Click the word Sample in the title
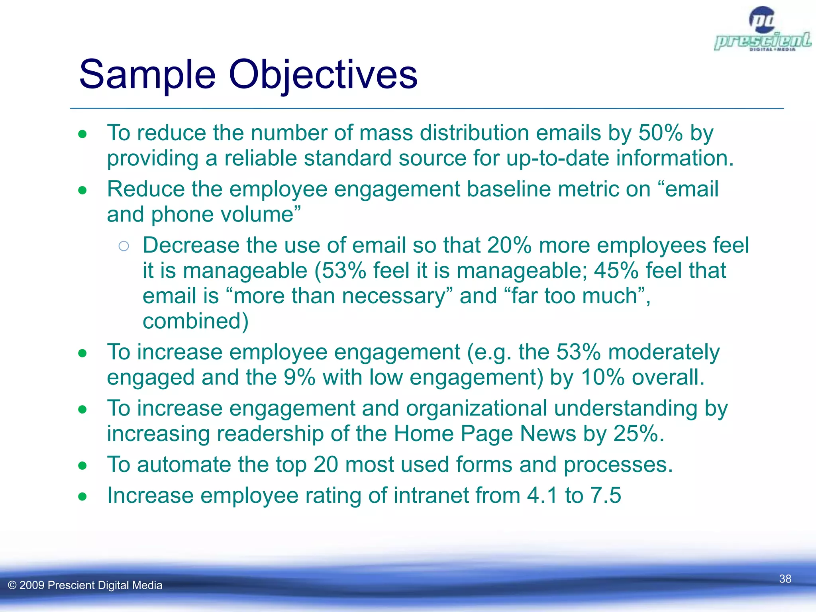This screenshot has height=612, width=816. pyautogui.click(x=147, y=75)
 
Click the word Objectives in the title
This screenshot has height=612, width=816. pyautogui.click(x=323, y=75)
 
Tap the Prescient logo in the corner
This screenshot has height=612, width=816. pyautogui.click(x=762, y=30)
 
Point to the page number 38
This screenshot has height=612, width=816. pyautogui.click(x=785, y=579)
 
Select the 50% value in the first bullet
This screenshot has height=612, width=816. pyautogui.click(x=661, y=133)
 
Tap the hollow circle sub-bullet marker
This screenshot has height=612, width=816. pyautogui.click(x=124, y=246)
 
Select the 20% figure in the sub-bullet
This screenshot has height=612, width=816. pyautogui.click(x=509, y=245)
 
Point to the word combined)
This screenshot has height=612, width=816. pyautogui.click(x=195, y=321)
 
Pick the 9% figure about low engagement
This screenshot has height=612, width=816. pyautogui.click(x=299, y=377)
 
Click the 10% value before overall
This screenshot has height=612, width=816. pyautogui.click(x=602, y=377)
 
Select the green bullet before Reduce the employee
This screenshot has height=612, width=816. pyautogui.click(x=82, y=190)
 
